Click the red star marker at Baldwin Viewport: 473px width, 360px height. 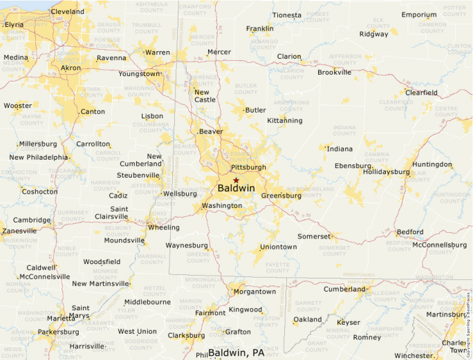click(x=236, y=180)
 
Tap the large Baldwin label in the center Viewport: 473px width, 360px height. click(x=236, y=189)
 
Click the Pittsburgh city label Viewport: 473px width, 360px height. click(x=248, y=167)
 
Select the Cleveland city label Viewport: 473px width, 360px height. click(x=68, y=12)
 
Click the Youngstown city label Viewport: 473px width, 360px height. click(x=138, y=73)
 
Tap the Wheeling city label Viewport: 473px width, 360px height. click(x=163, y=227)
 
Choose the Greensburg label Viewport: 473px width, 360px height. click(x=281, y=196)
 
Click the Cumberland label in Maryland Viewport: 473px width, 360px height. click(x=344, y=290)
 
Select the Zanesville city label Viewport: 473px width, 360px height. click(x=19, y=231)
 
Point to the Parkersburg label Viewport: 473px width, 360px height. click(x=58, y=332)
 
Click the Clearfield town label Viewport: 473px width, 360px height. click(x=421, y=93)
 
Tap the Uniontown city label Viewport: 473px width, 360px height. click(x=278, y=247)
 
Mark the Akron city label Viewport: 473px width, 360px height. click(x=71, y=68)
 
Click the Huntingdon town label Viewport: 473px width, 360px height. click(x=432, y=164)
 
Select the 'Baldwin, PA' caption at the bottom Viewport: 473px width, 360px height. click(x=236, y=353)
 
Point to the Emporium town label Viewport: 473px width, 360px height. click(x=419, y=15)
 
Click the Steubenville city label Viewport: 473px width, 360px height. click(x=138, y=176)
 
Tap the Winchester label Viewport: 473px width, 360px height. click(x=413, y=356)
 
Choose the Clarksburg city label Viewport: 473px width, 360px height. click(x=186, y=336)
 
